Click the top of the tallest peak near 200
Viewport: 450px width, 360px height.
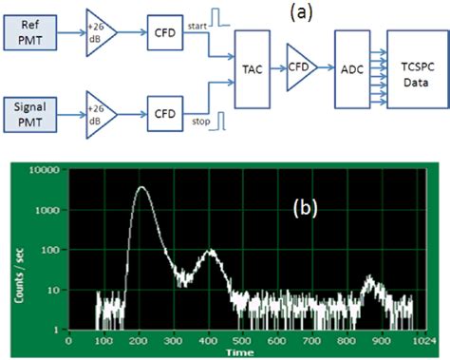(x=142, y=187)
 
